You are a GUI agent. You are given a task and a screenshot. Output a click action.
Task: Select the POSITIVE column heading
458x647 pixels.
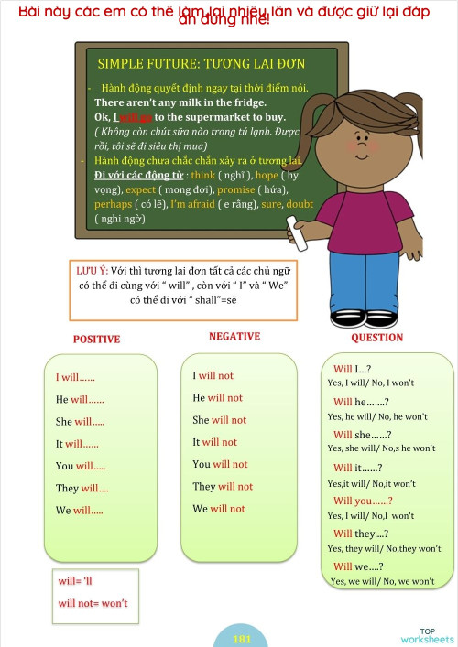(96, 340)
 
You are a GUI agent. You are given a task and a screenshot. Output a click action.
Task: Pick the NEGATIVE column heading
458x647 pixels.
(234, 336)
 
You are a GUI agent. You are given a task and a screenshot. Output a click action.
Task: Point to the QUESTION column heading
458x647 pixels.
(376, 337)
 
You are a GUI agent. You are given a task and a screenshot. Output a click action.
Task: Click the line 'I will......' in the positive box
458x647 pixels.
(76, 377)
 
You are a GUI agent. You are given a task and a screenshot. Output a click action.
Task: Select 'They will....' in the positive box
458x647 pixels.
(82, 489)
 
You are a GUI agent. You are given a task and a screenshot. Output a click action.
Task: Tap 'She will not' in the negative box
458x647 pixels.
(219, 420)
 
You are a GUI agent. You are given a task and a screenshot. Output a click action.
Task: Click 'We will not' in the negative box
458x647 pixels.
(219, 509)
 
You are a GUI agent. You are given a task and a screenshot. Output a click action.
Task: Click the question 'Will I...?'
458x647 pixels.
(352, 369)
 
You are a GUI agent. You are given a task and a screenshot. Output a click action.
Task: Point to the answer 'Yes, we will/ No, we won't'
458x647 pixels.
(382, 581)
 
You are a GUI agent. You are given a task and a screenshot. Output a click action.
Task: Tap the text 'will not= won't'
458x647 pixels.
(93, 603)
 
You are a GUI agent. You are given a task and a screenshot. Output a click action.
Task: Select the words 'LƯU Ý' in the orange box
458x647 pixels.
(92, 271)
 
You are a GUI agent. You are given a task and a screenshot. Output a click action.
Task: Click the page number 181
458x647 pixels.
(243, 639)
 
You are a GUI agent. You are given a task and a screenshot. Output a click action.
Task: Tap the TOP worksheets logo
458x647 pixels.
(427, 636)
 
